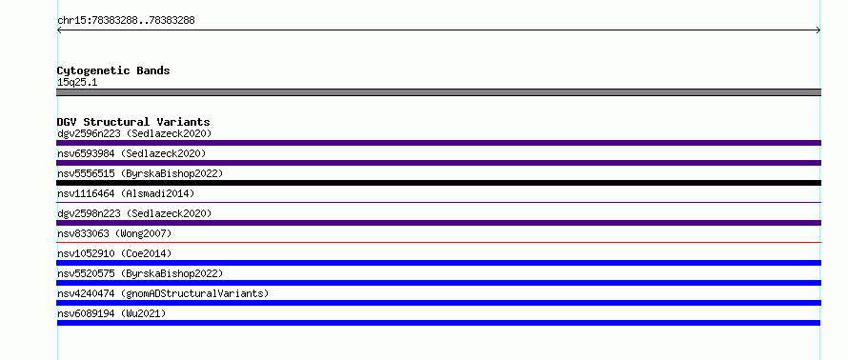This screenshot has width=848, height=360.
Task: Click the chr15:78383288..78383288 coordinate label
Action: tap(126, 21)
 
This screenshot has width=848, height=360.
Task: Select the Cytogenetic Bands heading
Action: tap(113, 70)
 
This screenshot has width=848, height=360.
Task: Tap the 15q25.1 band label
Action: tap(77, 83)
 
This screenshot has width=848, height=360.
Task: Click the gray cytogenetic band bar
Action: tap(438, 92)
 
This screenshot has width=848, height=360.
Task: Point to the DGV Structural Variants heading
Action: tap(133, 122)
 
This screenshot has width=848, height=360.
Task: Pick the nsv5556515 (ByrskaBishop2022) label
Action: tap(140, 173)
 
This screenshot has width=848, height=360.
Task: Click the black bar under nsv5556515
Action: tap(438, 183)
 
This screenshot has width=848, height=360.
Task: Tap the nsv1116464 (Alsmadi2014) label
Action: tap(126, 193)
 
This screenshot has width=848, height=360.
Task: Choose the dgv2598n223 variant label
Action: tap(134, 213)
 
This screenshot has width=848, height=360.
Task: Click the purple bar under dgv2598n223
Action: tap(438, 223)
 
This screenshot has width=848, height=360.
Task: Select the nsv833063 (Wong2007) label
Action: tap(114, 233)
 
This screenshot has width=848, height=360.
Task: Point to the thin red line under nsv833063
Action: tap(438, 242)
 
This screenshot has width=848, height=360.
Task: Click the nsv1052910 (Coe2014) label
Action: tap(114, 253)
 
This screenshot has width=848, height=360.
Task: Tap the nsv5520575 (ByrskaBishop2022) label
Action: tap(140, 273)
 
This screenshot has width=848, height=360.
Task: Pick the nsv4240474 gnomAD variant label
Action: tap(163, 293)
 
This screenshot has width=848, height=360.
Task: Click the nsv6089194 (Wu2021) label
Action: tap(111, 313)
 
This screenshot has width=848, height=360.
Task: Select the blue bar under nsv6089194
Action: tap(438, 323)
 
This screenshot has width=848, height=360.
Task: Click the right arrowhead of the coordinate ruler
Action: tap(818, 30)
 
